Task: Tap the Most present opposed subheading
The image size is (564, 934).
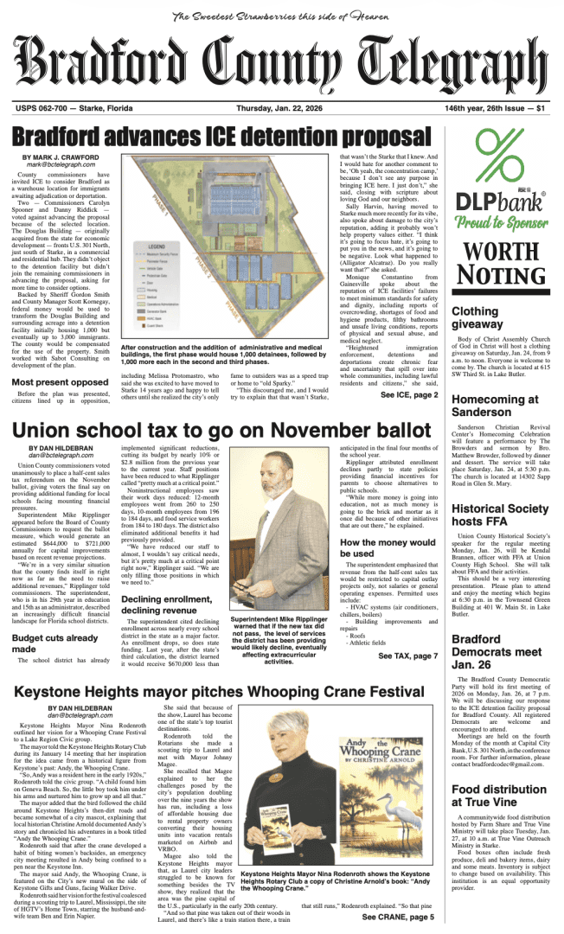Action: pyautogui.click(x=60, y=406)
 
